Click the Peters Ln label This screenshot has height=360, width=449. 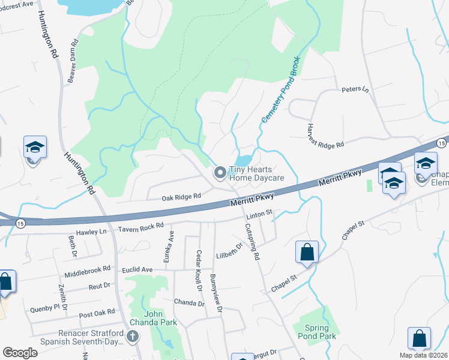click(x=355, y=90)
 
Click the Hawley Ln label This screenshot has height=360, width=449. click(x=91, y=232)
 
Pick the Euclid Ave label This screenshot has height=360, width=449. click(x=138, y=270)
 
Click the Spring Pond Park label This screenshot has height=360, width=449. click(x=316, y=332)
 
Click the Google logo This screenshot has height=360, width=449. click(x=20, y=352)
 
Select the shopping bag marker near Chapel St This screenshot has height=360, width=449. click(x=307, y=253)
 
